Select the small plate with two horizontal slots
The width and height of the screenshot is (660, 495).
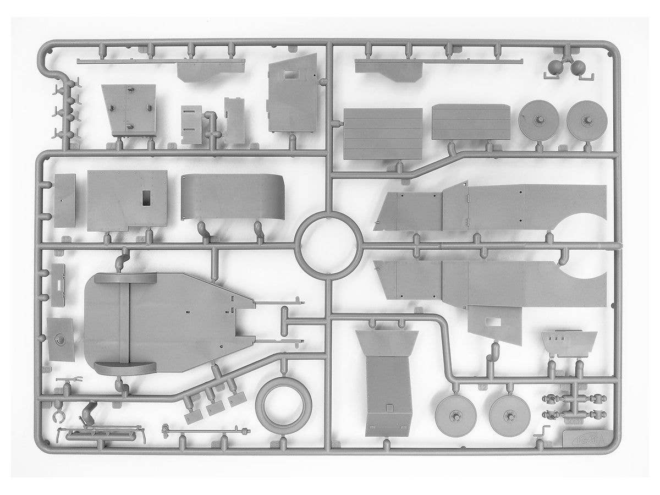click(191, 125)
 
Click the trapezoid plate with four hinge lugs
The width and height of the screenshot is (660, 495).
click(130, 111)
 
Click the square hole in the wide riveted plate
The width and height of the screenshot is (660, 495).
click(146, 199)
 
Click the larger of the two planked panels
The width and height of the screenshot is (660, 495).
click(383, 133)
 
